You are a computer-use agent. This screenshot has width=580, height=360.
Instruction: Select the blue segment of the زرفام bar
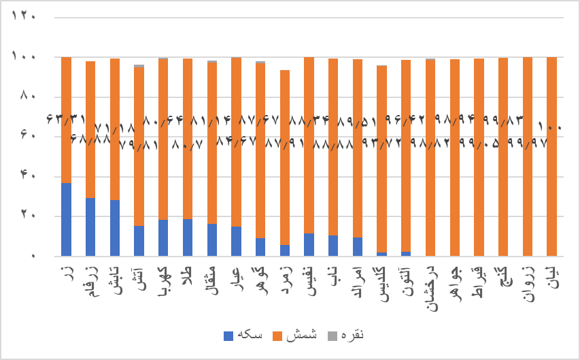pos(90,227)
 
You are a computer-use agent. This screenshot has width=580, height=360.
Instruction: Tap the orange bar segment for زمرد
pos(285,163)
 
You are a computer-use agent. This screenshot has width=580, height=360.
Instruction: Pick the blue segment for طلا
pos(188,237)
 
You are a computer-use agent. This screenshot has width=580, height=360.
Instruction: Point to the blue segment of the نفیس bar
pos(309,244)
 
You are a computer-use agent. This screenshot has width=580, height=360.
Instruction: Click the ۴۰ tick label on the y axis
pos(27,176)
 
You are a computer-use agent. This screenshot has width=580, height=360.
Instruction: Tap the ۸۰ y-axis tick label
pos(27,97)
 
